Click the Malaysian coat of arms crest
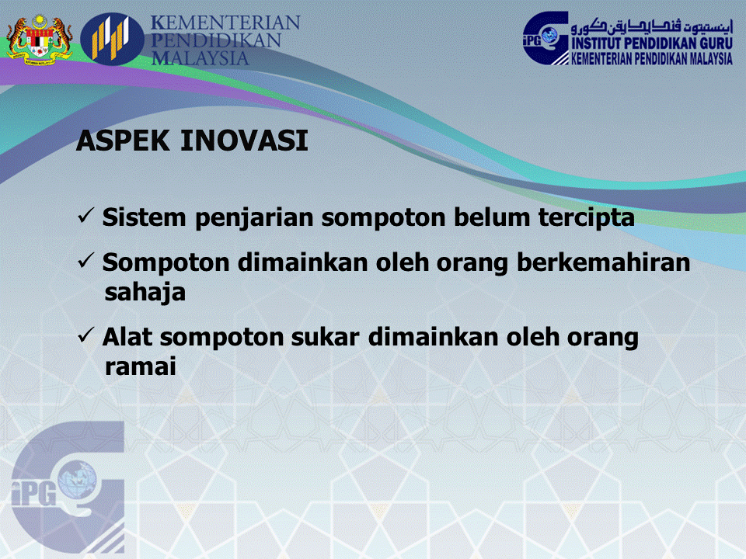point(39,39)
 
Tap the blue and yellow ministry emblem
point(112,39)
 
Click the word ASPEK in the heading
point(124,141)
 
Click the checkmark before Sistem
point(87,217)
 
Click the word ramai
point(140,367)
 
